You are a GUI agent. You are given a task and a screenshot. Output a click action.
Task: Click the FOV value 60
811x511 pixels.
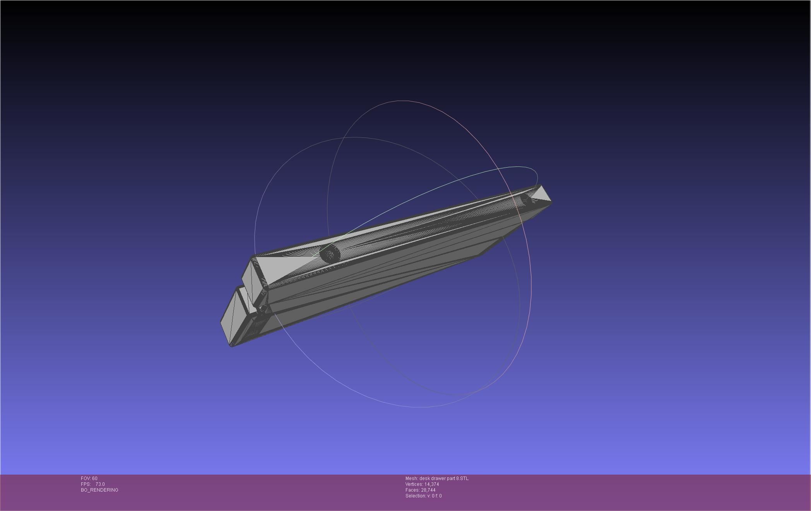click(95, 478)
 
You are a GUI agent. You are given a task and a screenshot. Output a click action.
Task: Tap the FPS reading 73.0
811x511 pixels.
click(100, 484)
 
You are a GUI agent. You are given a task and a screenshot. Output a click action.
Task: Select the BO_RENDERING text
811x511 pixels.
click(99, 490)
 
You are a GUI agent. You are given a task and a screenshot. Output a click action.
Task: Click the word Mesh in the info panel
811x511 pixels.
click(411, 478)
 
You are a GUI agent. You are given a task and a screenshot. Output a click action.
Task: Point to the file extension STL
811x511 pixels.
click(464, 478)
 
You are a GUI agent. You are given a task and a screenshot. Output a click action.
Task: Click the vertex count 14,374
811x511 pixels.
click(431, 484)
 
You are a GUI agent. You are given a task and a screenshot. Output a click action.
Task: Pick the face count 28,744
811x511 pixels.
click(428, 490)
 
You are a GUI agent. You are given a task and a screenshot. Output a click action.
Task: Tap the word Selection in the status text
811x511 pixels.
click(415, 496)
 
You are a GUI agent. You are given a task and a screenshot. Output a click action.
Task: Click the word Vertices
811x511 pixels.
click(414, 484)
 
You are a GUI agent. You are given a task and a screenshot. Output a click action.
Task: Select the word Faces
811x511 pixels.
click(412, 490)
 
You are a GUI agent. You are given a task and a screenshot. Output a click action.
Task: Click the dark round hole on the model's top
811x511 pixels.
click(330, 254)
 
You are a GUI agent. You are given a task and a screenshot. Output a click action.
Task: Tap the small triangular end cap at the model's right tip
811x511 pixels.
click(541, 195)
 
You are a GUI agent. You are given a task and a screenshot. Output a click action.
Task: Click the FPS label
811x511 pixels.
click(86, 484)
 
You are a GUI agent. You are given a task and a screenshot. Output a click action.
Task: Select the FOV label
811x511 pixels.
click(86, 478)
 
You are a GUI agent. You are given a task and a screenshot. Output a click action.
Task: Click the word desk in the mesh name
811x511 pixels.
click(424, 478)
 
